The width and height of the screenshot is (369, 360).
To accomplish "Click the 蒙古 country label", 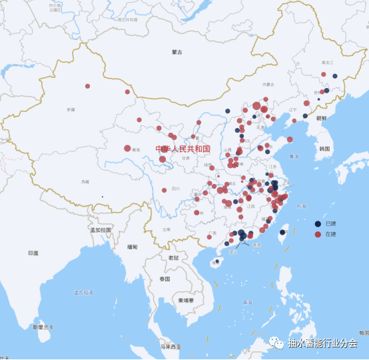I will [177, 52].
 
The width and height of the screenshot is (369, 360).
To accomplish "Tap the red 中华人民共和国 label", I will [183, 149].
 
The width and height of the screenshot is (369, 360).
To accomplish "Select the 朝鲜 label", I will [322, 118].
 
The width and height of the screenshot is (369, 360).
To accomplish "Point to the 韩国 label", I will [324, 149].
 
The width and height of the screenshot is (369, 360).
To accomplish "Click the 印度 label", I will [33, 253].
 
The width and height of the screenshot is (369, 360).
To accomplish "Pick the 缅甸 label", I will [133, 247].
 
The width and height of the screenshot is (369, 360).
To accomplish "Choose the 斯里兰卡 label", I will [43, 327].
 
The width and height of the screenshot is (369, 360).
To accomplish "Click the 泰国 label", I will [164, 279].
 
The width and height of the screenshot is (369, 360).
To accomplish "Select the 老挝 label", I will [173, 258].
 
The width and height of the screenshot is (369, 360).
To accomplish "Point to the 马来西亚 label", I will [170, 347].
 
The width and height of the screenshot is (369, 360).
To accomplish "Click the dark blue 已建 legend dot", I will [318, 224].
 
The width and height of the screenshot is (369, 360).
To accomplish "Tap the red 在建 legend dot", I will [318, 235].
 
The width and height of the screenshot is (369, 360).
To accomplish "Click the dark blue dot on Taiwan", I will [282, 233].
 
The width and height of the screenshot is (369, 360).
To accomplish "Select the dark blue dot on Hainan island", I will [216, 262].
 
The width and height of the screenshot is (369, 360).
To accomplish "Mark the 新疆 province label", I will [71, 109].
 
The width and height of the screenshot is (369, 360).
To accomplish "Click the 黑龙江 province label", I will [326, 61].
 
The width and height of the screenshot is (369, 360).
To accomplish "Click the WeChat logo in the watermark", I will [276, 343].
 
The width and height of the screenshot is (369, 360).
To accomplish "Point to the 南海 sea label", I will [248, 303].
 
